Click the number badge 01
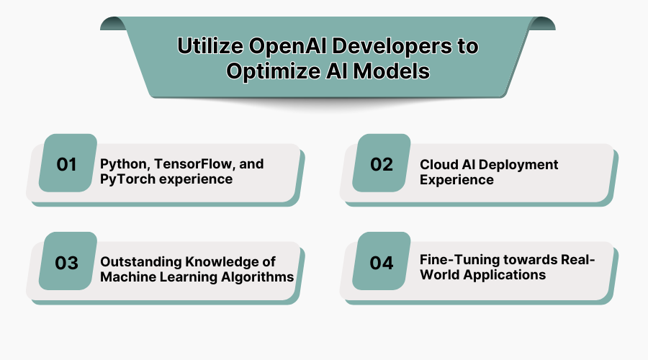coord(67,163)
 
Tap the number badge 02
coord(382,163)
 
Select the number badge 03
coord(67,263)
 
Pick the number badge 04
coord(382,263)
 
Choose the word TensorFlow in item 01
coord(179,164)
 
